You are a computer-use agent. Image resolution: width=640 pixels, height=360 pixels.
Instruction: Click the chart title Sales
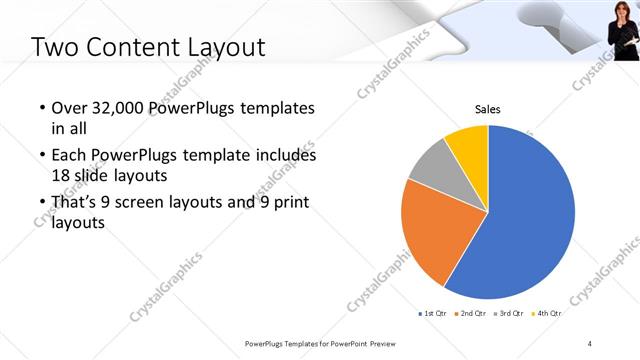point(487,109)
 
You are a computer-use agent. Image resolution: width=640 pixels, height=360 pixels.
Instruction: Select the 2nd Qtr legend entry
point(473,313)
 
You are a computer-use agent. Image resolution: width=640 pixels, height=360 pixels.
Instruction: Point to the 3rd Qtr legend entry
point(510,313)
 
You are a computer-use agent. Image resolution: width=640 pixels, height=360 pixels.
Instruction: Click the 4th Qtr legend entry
point(548,313)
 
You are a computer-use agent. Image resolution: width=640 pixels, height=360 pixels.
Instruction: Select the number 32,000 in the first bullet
point(113,107)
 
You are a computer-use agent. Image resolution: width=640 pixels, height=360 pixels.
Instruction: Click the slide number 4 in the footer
point(590,343)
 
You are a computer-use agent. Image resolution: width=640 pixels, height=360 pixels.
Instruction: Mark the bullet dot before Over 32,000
point(40,108)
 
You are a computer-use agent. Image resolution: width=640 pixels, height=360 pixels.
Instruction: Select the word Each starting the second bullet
point(68,155)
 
